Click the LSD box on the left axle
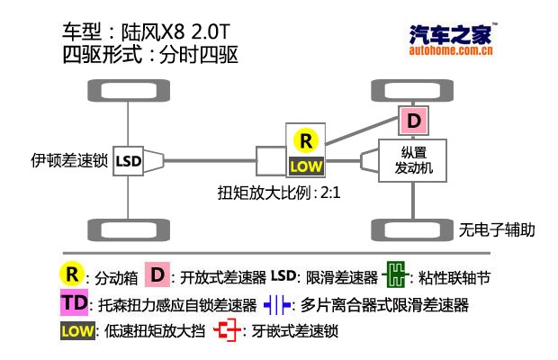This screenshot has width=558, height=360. pyautogui.click(x=128, y=161)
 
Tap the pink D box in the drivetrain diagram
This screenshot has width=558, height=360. pyautogui.click(x=413, y=121)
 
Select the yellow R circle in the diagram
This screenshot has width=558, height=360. pyautogui.click(x=306, y=141)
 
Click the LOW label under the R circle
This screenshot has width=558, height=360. pyautogui.click(x=306, y=166)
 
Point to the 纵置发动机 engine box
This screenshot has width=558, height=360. pyautogui.click(x=412, y=160)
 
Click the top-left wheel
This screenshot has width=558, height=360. pyautogui.click(x=129, y=90)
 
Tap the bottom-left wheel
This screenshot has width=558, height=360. pyautogui.click(x=129, y=229)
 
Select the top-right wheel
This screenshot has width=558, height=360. pyautogui.click(x=412, y=90)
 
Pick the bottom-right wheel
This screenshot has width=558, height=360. pyautogui.click(x=412, y=229)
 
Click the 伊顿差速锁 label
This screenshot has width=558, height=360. pyautogui.click(x=69, y=161)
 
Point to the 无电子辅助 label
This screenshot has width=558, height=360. pyautogui.click(x=497, y=229)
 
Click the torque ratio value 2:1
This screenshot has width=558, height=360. pyautogui.click(x=330, y=193)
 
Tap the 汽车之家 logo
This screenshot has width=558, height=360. pyautogui.click(x=451, y=34)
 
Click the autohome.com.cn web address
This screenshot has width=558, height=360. pyautogui.click(x=451, y=50)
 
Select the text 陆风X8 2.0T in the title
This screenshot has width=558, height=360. pyautogui.click(x=175, y=32)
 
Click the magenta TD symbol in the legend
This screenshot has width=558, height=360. pyautogui.click(x=74, y=302)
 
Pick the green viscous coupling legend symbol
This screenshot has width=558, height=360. pyautogui.click(x=395, y=274)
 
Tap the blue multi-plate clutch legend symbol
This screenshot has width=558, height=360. pyautogui.click(x=277, y=305)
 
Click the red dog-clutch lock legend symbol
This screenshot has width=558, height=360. pyautogui.click(x=227, y=330)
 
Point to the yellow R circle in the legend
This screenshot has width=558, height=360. pyautogui.click(x=72, y=274)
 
